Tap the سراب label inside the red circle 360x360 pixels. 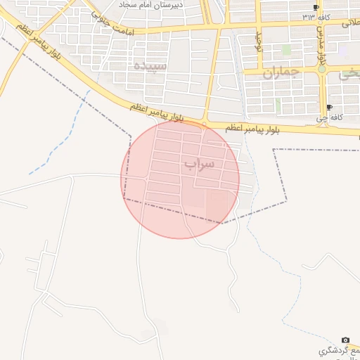[199, 164]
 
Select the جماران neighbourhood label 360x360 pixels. [281, 72]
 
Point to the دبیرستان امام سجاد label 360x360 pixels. [152, 5]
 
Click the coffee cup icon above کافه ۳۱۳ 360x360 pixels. [316, 7]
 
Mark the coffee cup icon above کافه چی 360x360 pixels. [330, 108]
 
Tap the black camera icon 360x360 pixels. [345, 340]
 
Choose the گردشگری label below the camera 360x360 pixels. [337, 350]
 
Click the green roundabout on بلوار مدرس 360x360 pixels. [322, 69]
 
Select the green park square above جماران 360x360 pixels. [286, 49]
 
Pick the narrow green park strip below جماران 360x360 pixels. [278, 105]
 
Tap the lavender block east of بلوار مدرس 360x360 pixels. [342, 51]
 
